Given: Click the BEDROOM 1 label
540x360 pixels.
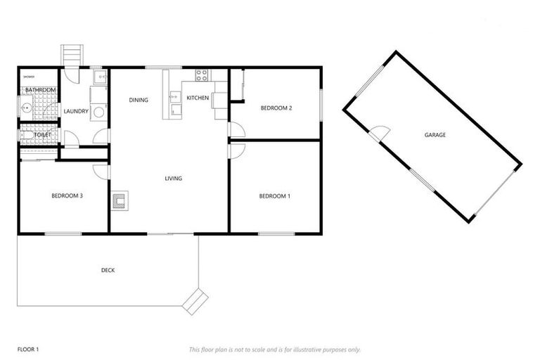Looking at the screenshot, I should (274, 196).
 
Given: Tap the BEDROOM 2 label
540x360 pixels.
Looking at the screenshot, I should (276, 108).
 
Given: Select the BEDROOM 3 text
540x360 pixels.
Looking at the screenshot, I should (67, 196).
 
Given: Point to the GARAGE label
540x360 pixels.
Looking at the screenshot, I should (435, 134).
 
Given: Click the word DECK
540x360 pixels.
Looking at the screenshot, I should (108, 270).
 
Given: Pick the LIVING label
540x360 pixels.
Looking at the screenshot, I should (173, 179).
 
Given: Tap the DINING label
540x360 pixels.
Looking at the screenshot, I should (139, 100).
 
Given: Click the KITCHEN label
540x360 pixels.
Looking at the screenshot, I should (197, 98).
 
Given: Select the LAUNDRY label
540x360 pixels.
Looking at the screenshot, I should (75, 111).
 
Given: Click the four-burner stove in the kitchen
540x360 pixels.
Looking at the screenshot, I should (202, 75).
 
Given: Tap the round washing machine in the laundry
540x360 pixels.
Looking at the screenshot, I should (99, 111).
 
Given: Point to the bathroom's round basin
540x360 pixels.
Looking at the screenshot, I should (26, 108).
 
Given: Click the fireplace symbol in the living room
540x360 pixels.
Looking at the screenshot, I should (119, 200).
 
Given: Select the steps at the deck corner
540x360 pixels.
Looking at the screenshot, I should (195, 300).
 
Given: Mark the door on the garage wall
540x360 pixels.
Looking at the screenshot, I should (380, 133).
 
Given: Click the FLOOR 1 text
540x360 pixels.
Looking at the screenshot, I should (28, 349).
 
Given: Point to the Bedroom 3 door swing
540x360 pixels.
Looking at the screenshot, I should (101, 171).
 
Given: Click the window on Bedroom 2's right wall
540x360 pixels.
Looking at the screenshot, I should (321, 103).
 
